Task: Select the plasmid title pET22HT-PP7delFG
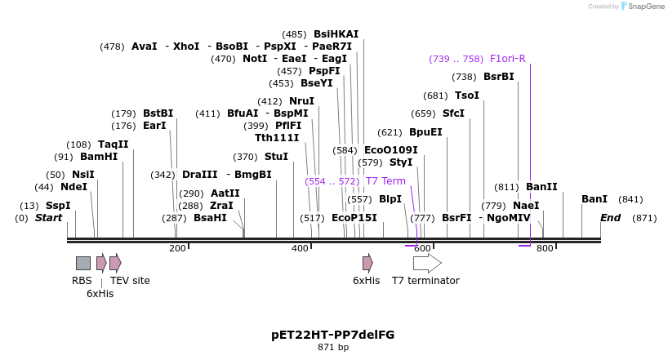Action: pos(332,335)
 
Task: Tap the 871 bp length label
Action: pos(333,348)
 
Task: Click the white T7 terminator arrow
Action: pos(427,263)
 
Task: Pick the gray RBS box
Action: pos(83,263)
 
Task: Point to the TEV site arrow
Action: pos(115,263)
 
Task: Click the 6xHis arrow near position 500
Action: pos(367,263)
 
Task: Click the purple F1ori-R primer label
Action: pos(508,59)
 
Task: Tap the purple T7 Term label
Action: pos(385,181)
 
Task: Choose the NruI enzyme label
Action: pos(301,101)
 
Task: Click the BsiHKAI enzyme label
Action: pos(336,34)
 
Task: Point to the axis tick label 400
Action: pos(300,248)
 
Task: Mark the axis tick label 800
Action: pos(545,248)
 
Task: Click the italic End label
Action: pos(610,218)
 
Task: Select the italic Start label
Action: pos(48,218)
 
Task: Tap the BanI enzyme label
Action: pos(595,199)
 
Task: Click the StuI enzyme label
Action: pos(276,157)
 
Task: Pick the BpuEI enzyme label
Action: pos(425,132)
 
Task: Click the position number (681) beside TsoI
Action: pos(435,96)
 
